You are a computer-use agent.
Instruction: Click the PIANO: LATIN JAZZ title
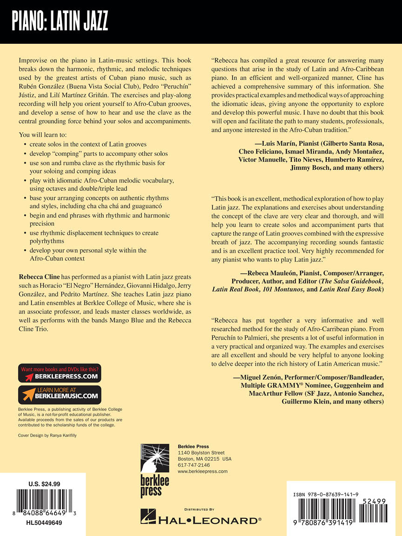point(60,21)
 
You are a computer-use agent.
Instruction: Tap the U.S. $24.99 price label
point(41,484)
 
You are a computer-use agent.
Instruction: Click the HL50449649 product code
point(41,523)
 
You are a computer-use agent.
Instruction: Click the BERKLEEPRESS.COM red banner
point(60,373)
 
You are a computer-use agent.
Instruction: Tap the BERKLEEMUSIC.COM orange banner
point(60,394)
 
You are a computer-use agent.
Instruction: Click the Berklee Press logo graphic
point(155,470)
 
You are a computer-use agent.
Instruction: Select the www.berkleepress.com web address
point(202,471)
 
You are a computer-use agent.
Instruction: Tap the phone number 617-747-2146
point(194,465)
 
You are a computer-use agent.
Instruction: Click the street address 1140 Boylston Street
point(201,453)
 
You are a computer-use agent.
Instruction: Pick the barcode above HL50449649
point(41,502)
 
